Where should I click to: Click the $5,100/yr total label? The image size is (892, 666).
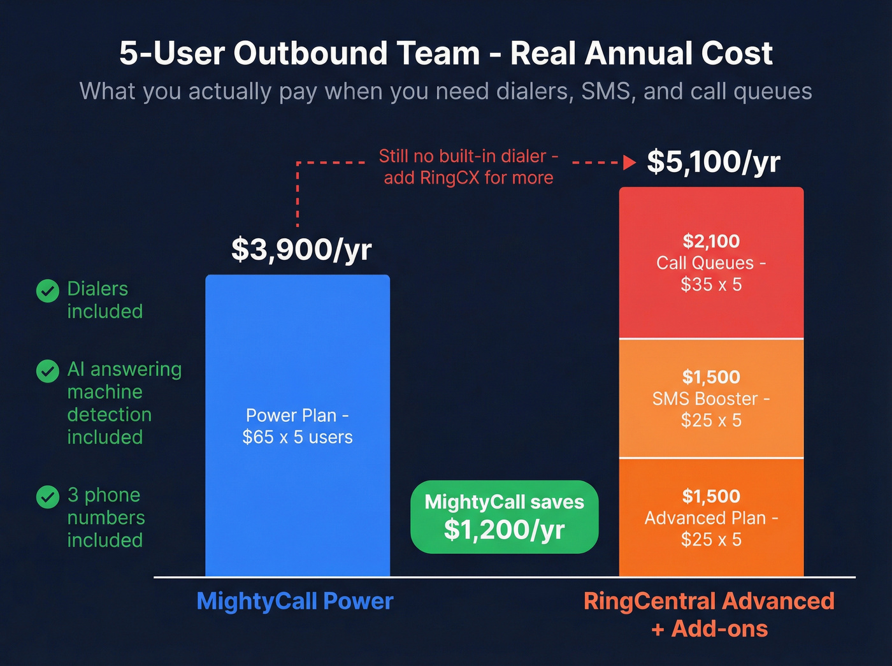(x=713, y=162)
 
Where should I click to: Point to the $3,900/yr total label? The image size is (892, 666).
(x=301, y=249)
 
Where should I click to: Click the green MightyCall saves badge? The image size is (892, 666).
(x=504, y=517)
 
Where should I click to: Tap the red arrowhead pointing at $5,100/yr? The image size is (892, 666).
(x=629, y=163)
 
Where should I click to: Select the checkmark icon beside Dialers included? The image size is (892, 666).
(x=47, y=291)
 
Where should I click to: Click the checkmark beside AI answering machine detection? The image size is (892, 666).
(x=47, y=371)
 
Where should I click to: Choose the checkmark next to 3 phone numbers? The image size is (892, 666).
(x=47, y=496)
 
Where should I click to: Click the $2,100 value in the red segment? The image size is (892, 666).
(x=711, y=241)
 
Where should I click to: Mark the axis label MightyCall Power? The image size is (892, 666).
(x=295, y=601)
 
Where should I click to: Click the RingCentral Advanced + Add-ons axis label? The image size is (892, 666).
(x=709, y=614)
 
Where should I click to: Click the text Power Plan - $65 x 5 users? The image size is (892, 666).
(x=297, y=426)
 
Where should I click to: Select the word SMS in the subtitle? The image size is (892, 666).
(x=606, y=91)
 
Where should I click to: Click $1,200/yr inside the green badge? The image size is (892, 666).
(x=504, y=530)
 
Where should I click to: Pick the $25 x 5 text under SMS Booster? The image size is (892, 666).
(x=711, y=421)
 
